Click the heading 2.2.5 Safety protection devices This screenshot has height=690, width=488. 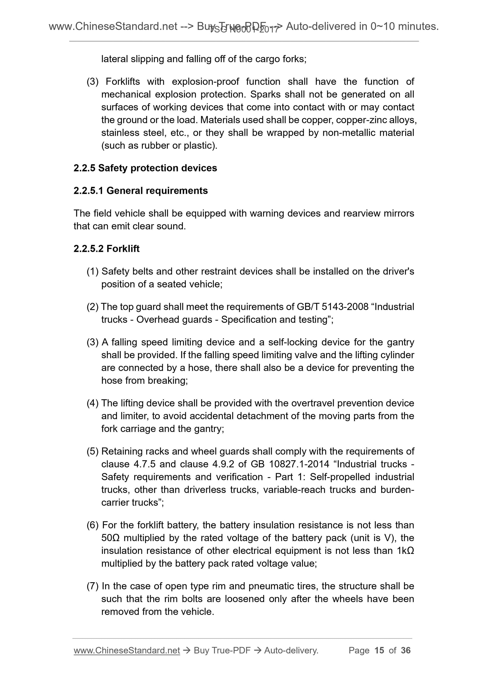145,168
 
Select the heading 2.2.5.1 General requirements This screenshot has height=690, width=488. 140,190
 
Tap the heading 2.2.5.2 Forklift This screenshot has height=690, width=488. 106,249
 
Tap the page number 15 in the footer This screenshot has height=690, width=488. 379,650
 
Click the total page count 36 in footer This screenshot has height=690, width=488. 405,650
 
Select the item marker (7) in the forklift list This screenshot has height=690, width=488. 92,586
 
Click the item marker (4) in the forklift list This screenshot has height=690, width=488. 92,403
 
